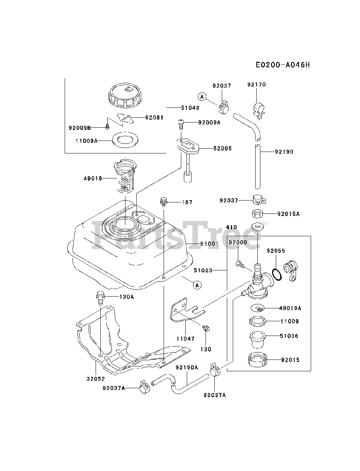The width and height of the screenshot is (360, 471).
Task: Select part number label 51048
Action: [x=190, y=108]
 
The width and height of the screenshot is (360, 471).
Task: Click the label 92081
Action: [x=154, y=118]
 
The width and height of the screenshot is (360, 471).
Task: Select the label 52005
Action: [x=222, y=148]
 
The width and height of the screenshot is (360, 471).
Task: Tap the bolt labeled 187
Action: [x=164, y=202]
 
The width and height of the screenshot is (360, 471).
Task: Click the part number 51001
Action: [x=209, y=244]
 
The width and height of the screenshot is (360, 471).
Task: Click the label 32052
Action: [x=96, y=379]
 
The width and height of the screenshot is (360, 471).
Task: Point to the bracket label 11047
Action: [x=186, y=339]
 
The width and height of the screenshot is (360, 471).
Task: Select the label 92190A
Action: [x=186, y=367]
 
